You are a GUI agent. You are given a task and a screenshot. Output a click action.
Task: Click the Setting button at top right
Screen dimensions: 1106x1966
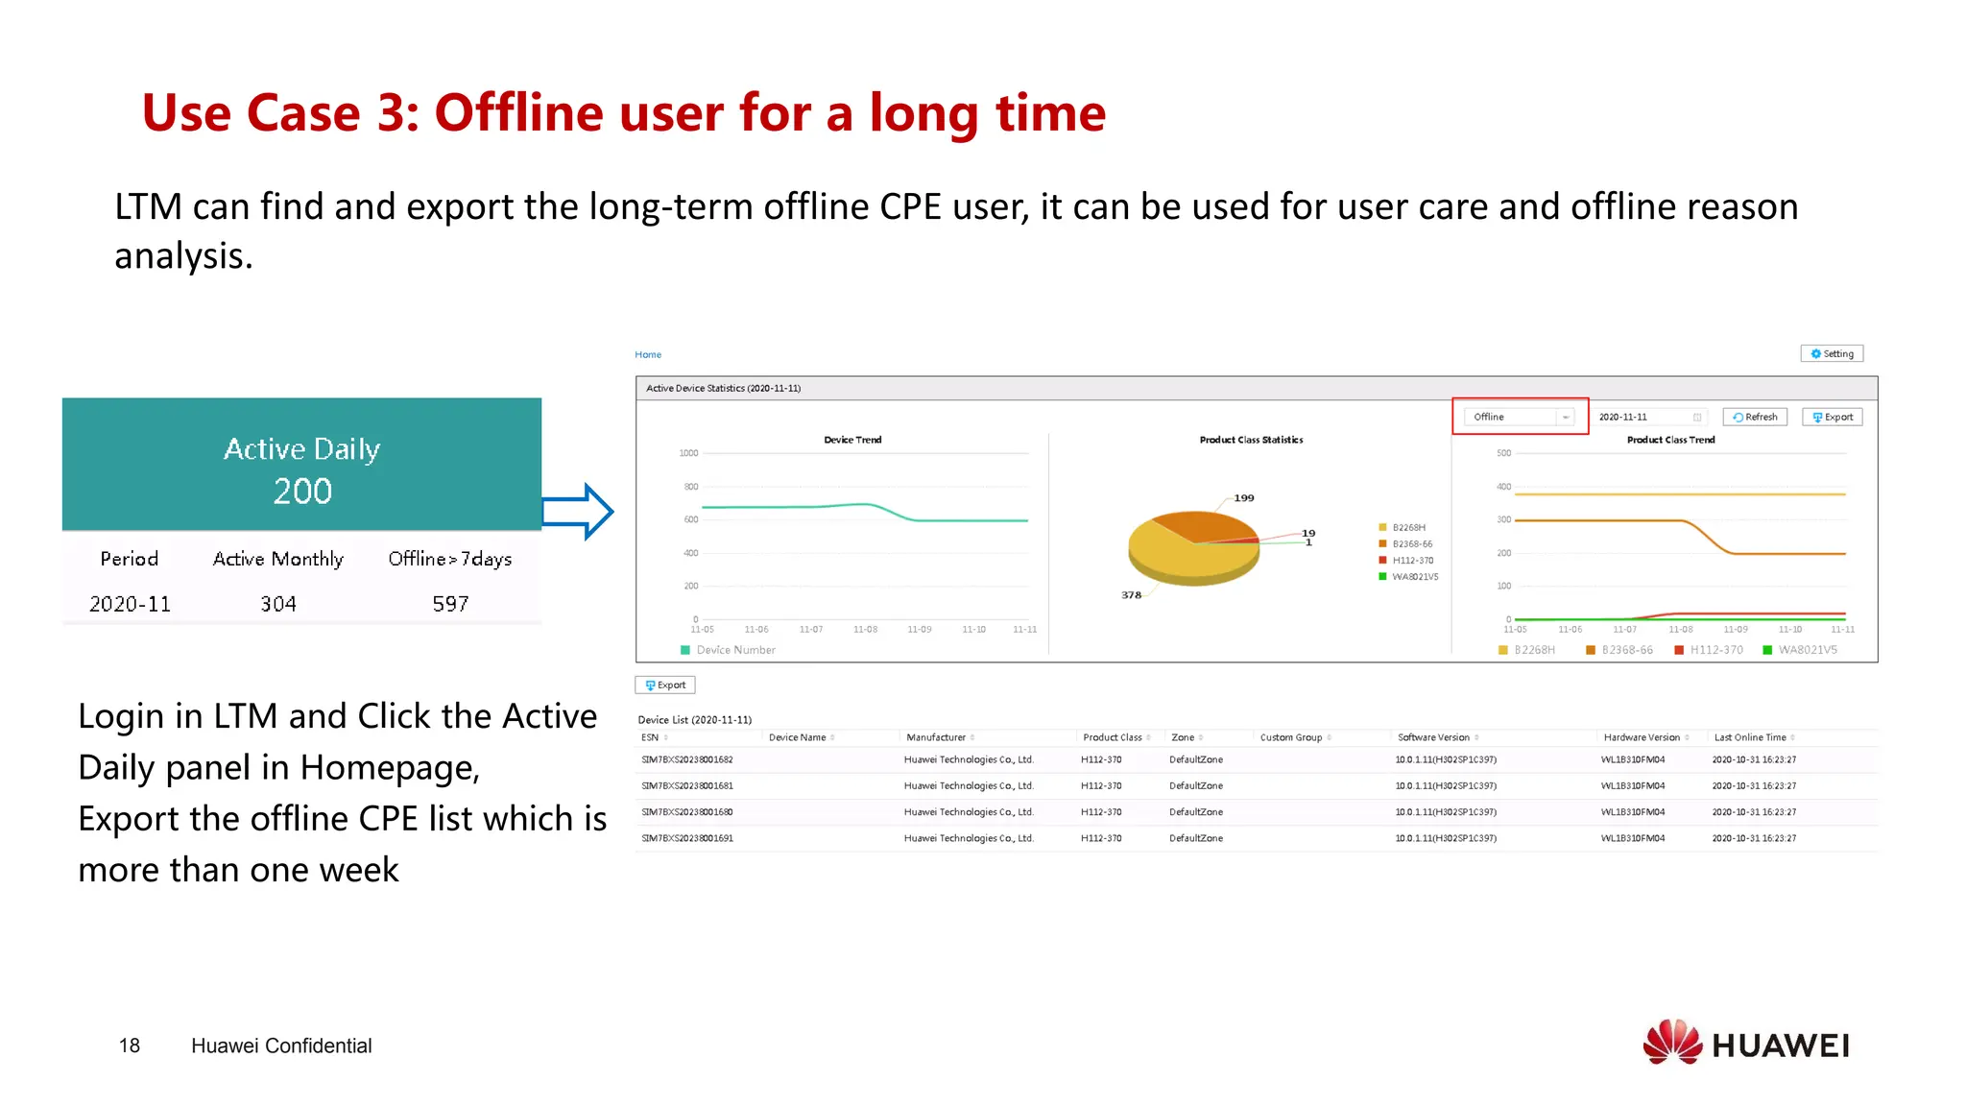point(1832,353)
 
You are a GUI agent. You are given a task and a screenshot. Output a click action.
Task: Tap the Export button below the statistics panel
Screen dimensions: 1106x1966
point(665,685)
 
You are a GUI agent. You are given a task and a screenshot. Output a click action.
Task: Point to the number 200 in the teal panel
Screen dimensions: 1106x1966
point(302,492)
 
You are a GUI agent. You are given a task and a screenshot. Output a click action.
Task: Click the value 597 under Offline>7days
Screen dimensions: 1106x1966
point(450,604)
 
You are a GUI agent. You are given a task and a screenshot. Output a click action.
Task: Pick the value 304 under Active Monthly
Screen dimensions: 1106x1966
point(278,604)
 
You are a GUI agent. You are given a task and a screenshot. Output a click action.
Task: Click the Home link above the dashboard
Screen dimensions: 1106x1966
point(648,354)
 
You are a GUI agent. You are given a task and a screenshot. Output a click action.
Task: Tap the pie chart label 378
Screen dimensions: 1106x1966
point(1131,595)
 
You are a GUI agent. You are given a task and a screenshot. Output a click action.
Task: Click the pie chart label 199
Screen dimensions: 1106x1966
point(1244,497)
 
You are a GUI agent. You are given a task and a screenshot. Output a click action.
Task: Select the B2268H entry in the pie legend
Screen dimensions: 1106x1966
point(1407,527)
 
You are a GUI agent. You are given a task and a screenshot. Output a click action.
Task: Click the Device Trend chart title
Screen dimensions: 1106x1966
point(852,440)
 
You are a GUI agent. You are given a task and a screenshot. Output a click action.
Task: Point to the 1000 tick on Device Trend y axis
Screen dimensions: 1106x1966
point(688,453)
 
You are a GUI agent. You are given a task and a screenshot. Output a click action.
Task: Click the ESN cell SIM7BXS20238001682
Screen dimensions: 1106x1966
point(687,759)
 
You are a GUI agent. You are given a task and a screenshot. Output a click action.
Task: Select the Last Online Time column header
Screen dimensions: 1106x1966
point(1749,737)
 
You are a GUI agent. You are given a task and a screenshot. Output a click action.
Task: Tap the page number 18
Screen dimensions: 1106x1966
point(130,1046)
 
